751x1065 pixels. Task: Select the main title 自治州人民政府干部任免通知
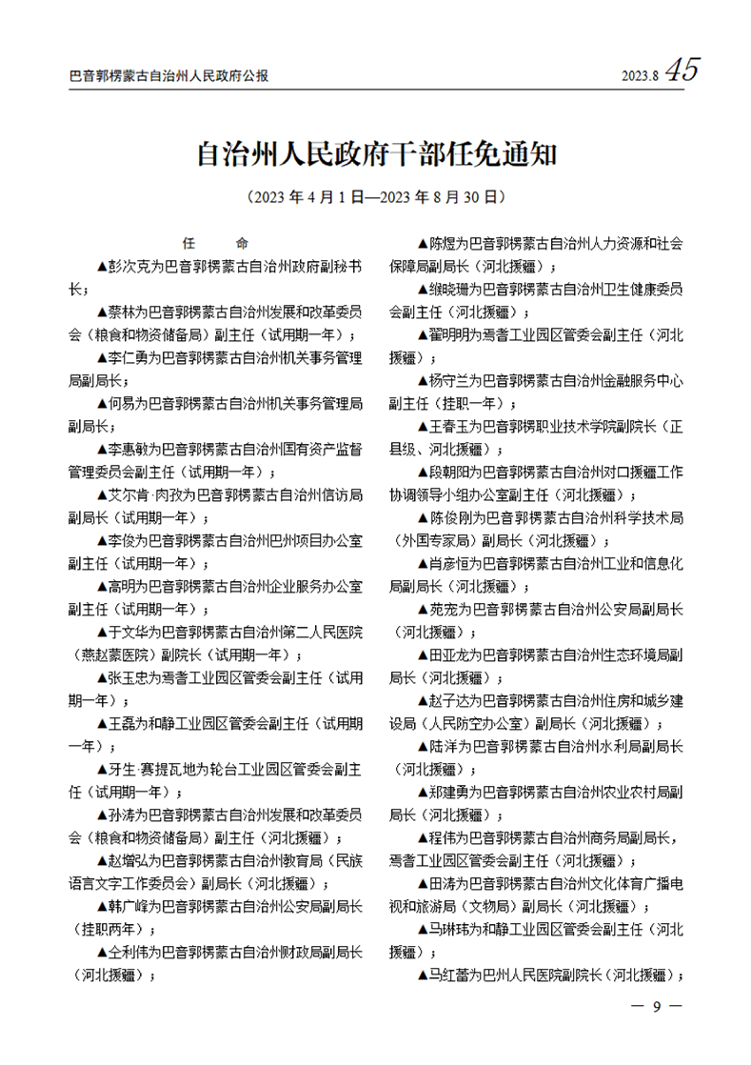(x=375, y=154)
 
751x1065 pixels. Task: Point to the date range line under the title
(x=375, y=198)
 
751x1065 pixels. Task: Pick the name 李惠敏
(x=128, y=450)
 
